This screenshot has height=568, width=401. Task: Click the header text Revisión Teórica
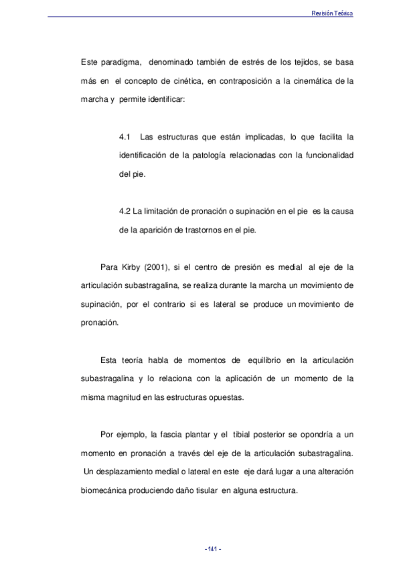pos(332,13)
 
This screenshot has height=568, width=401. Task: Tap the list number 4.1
pos(124,137)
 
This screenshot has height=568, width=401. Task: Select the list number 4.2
pos(124,212)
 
